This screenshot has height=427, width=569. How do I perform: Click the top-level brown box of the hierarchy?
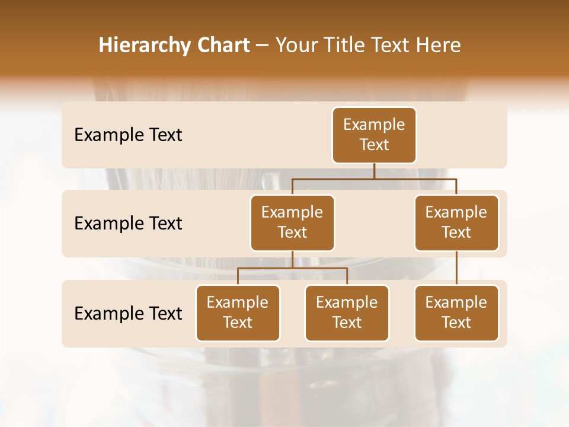point(374,135)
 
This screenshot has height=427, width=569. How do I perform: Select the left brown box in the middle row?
point(292,223)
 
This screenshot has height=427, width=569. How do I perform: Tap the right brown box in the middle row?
point(456,223)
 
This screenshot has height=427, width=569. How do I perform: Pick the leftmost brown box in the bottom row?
point(238,313)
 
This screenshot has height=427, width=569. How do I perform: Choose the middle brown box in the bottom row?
point(347,313)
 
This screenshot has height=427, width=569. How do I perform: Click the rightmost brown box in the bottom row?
point(456,313)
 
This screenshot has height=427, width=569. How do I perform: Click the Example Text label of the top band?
point(128,135)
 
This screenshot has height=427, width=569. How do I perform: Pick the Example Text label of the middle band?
point(128,224)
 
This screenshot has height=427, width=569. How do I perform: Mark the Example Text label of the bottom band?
point(128,313)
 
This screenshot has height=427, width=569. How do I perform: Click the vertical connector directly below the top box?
point(374,171)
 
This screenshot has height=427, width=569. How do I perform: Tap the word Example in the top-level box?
point(374,125)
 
